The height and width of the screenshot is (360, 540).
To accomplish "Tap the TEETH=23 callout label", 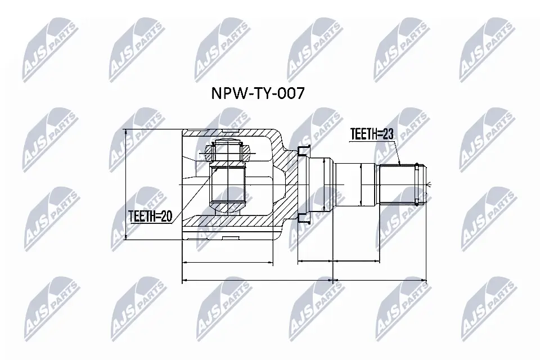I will [372, 134].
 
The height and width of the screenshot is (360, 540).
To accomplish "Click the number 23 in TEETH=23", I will [387, 134].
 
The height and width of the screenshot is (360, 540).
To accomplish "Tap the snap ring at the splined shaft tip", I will [417, 184].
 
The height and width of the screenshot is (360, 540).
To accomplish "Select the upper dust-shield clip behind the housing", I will [303, 150].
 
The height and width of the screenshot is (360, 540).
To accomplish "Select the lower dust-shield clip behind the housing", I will [303, 220].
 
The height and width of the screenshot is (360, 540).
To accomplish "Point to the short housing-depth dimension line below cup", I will [228, 262].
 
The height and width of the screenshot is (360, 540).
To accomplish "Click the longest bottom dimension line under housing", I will [258, 280].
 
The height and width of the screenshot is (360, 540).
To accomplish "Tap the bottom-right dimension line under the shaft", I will [380, 280].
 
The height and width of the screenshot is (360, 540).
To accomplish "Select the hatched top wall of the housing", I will [236, 133].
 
